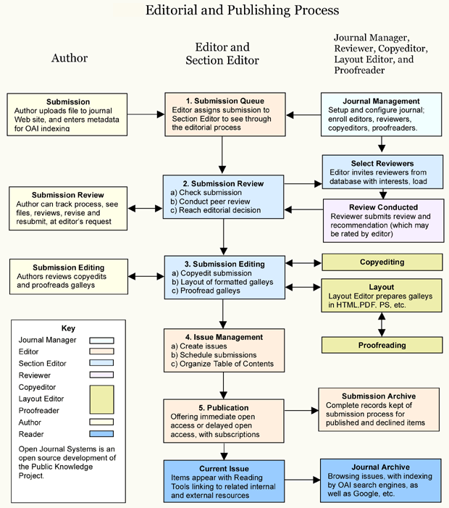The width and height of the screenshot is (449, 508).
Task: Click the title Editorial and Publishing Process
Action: click(242, 11)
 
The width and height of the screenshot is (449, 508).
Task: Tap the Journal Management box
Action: click(381, 114)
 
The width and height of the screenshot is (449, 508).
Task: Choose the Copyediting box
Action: click(382, 262)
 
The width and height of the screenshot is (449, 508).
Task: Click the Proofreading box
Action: click(382, 346)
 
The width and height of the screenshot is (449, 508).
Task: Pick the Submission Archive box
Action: click(379, 409)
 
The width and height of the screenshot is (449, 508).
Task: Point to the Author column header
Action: click(70, 58)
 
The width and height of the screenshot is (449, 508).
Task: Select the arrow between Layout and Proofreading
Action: click(382, 325)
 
